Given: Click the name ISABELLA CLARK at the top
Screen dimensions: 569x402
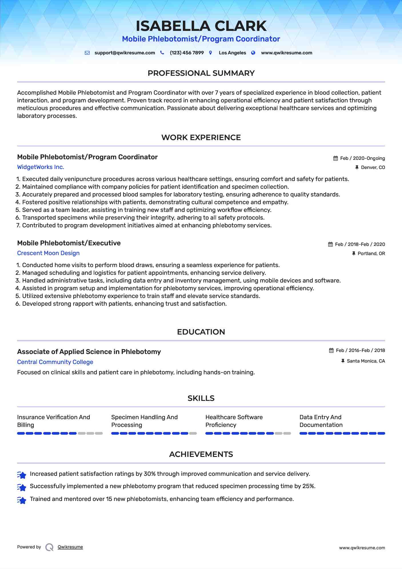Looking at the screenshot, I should [201, 26].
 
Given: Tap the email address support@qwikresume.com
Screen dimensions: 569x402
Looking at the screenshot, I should [125, 53].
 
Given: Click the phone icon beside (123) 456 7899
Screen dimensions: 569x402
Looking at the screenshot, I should [162, 53].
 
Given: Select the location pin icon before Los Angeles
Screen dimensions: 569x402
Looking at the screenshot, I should [211, 53].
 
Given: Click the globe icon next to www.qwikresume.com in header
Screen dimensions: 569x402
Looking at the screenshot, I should [253, 53].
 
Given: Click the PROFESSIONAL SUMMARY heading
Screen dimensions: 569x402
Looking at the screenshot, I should [201, 73].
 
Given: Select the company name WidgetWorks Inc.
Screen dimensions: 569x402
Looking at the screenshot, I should [41, 167].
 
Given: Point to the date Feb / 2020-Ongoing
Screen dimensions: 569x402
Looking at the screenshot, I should [362, 158].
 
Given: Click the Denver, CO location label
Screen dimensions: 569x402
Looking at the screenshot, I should [373, 168].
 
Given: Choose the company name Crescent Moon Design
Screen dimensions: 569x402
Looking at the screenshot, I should [48, 253].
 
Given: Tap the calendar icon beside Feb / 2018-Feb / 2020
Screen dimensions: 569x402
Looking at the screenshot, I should [330, 244].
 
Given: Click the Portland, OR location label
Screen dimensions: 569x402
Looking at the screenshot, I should [371, 254].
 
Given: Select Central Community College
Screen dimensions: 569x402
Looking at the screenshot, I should [55, 362].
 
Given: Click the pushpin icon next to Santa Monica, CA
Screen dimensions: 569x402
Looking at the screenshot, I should [343, 361].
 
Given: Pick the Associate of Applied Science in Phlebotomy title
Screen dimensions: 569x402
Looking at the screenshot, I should [89, 352].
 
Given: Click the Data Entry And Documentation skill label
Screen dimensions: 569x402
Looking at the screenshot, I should [321, 421].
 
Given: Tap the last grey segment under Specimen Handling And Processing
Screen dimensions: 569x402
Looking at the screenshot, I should [193, 433].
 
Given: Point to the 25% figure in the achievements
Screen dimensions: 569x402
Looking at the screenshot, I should [309, 486].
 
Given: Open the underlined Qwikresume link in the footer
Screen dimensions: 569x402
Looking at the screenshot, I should [70, 547].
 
